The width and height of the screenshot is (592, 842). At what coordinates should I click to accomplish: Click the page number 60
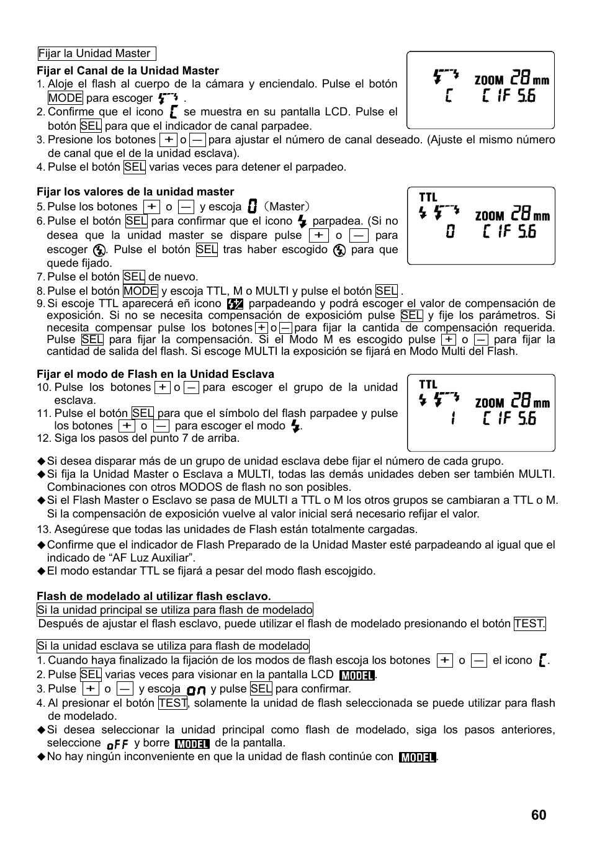539,815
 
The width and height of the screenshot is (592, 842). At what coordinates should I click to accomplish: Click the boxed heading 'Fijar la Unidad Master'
96,54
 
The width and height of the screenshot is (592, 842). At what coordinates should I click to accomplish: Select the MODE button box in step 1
65,98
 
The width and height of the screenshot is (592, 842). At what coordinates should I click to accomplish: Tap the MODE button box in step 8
140,291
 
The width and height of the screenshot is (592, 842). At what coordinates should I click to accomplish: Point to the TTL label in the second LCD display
428,197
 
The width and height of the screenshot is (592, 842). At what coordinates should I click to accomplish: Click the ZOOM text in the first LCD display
489,80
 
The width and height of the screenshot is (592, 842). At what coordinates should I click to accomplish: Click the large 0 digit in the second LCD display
451,231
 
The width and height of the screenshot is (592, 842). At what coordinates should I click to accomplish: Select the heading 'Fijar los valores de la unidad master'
135,192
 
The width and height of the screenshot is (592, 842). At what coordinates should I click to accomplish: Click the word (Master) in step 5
286,207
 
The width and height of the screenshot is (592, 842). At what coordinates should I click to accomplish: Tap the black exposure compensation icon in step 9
235,304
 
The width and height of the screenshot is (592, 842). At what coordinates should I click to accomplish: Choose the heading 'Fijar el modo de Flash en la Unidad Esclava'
155,374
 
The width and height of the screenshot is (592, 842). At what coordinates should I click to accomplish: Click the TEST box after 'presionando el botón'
529,624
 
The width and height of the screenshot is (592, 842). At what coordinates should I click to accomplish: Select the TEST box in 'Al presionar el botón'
173,703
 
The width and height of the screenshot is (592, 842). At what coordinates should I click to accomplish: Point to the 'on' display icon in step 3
196,690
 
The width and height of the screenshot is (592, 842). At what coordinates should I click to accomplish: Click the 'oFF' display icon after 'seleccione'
117,744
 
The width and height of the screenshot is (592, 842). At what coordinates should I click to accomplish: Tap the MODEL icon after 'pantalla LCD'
357,675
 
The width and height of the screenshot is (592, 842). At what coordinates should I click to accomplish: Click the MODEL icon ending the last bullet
418,757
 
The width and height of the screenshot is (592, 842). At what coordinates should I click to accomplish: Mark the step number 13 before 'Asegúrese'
43,529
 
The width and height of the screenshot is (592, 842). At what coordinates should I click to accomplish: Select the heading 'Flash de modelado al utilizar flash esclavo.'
154,596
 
